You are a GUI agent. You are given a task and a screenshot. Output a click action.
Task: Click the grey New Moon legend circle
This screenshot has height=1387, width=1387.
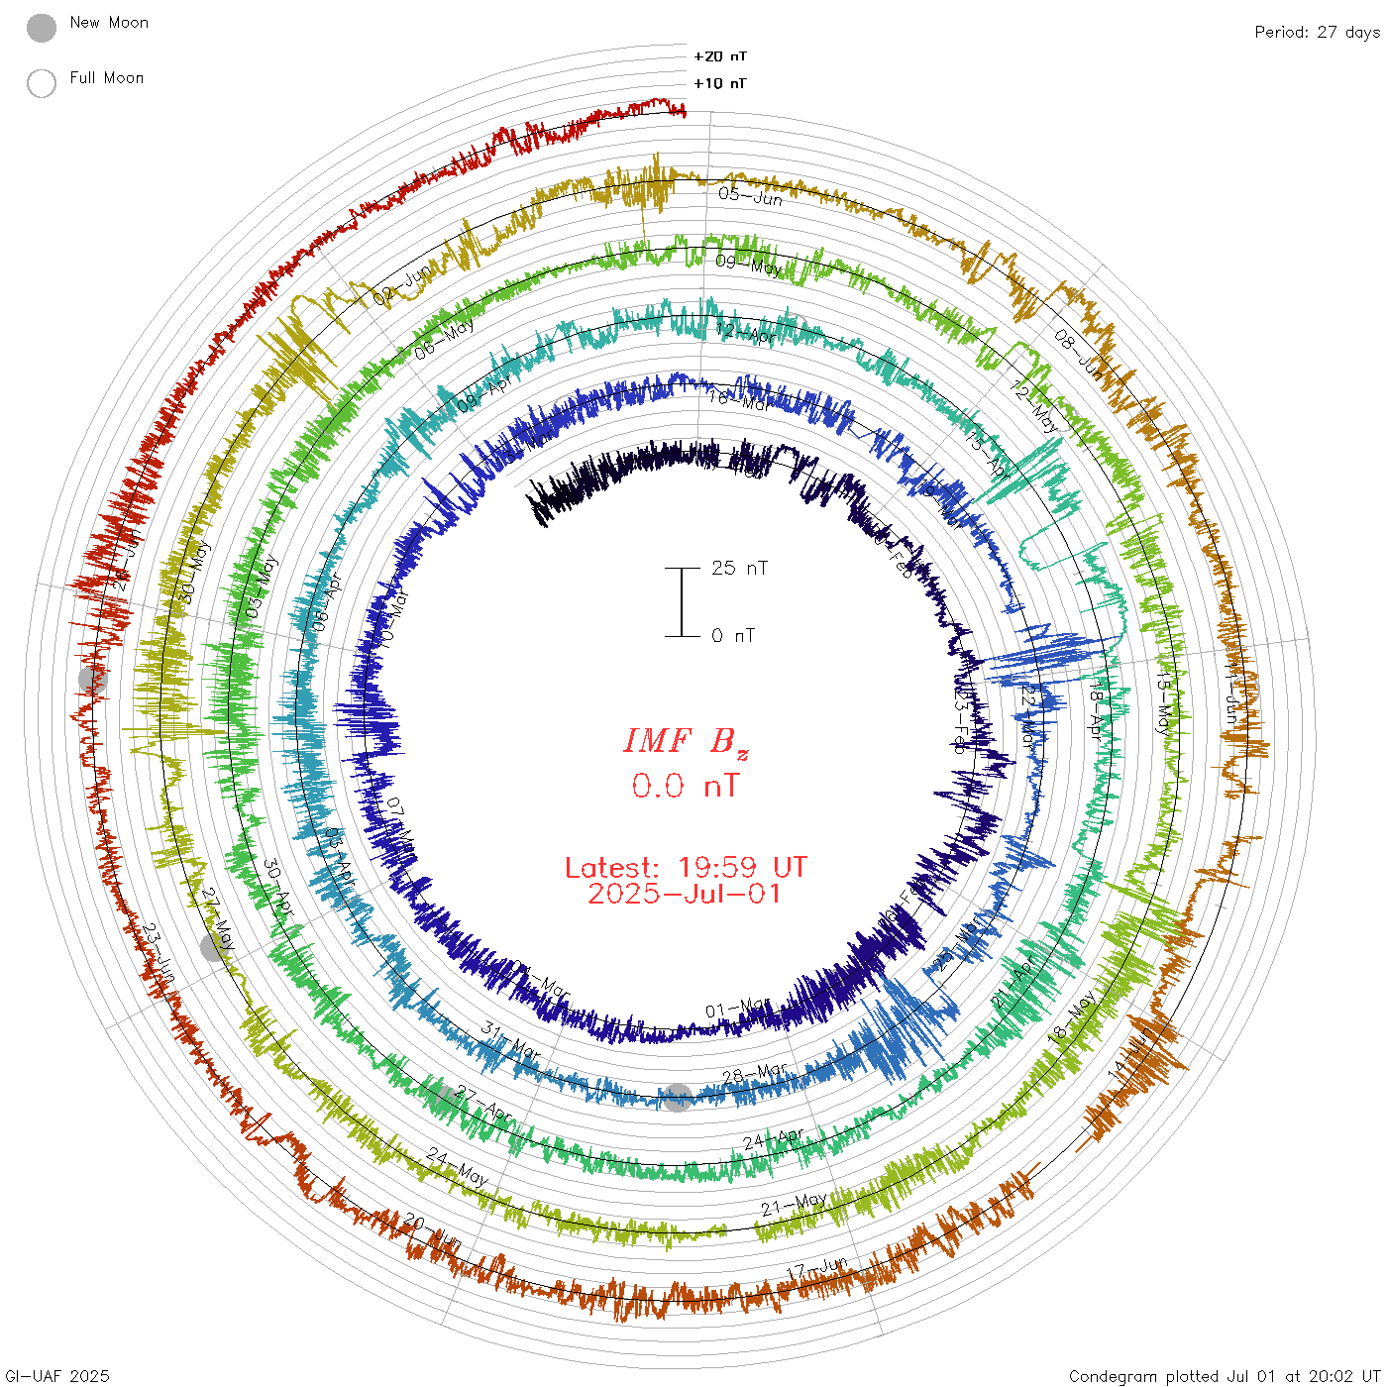(x=42, y=28)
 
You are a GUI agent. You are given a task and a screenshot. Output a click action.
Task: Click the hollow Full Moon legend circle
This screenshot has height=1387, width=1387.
(x=42, y=83)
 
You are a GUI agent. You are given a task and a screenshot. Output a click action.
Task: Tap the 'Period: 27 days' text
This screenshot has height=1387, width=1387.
(x=1317, y=33)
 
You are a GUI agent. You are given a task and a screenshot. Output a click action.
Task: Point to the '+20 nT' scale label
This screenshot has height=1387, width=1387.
(x=720, y=56)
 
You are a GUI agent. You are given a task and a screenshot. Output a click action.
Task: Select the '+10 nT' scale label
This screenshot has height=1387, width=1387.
(x=720, y=83)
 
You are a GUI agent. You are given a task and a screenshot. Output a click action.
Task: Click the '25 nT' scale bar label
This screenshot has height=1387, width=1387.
(x=739, y=569)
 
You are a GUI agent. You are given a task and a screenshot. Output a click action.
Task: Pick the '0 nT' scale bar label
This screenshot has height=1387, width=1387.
(x=733, y=636)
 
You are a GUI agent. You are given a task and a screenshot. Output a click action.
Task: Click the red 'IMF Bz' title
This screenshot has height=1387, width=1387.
(x=686, y=741)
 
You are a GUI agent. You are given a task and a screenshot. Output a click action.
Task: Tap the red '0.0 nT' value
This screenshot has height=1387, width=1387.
(x=686, y=787)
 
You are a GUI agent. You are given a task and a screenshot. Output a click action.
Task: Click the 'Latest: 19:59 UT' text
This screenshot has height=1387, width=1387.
(x=686, y=868)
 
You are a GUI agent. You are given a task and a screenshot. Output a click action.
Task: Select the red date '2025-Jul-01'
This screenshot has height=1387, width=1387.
(x=686, y=894)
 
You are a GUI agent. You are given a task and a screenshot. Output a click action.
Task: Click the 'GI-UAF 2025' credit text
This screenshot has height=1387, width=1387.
(x=57, y=1376)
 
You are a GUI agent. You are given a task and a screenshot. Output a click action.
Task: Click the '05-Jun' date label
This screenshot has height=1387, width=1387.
(x=750, y=195)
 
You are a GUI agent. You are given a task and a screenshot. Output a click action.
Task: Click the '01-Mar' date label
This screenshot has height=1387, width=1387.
(x=737, y=1009)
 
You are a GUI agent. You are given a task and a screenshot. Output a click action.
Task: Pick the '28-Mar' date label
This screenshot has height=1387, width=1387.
(x=755, y=1074)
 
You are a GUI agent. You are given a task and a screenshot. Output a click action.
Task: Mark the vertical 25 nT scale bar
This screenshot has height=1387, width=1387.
(x=682, y=602)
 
